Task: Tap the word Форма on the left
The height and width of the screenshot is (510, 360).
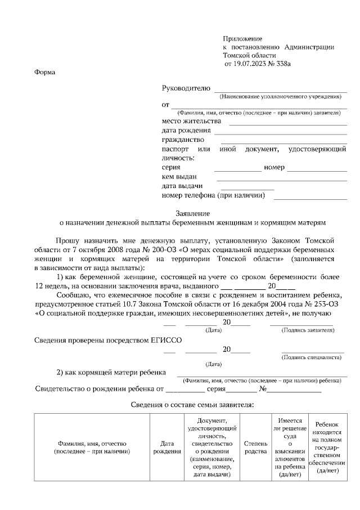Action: (45, 72)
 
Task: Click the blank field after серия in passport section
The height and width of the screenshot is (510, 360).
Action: (237, 169)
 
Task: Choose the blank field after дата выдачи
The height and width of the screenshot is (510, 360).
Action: (247, 189)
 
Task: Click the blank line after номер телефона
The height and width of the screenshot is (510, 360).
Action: (310, 198)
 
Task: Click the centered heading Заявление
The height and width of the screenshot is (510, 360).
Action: (193, 214)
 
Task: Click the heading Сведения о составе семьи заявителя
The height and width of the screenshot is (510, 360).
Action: (192, 404)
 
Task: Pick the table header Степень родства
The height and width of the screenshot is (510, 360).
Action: (255, 448)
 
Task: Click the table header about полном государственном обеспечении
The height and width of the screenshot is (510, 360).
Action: (327, 448)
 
